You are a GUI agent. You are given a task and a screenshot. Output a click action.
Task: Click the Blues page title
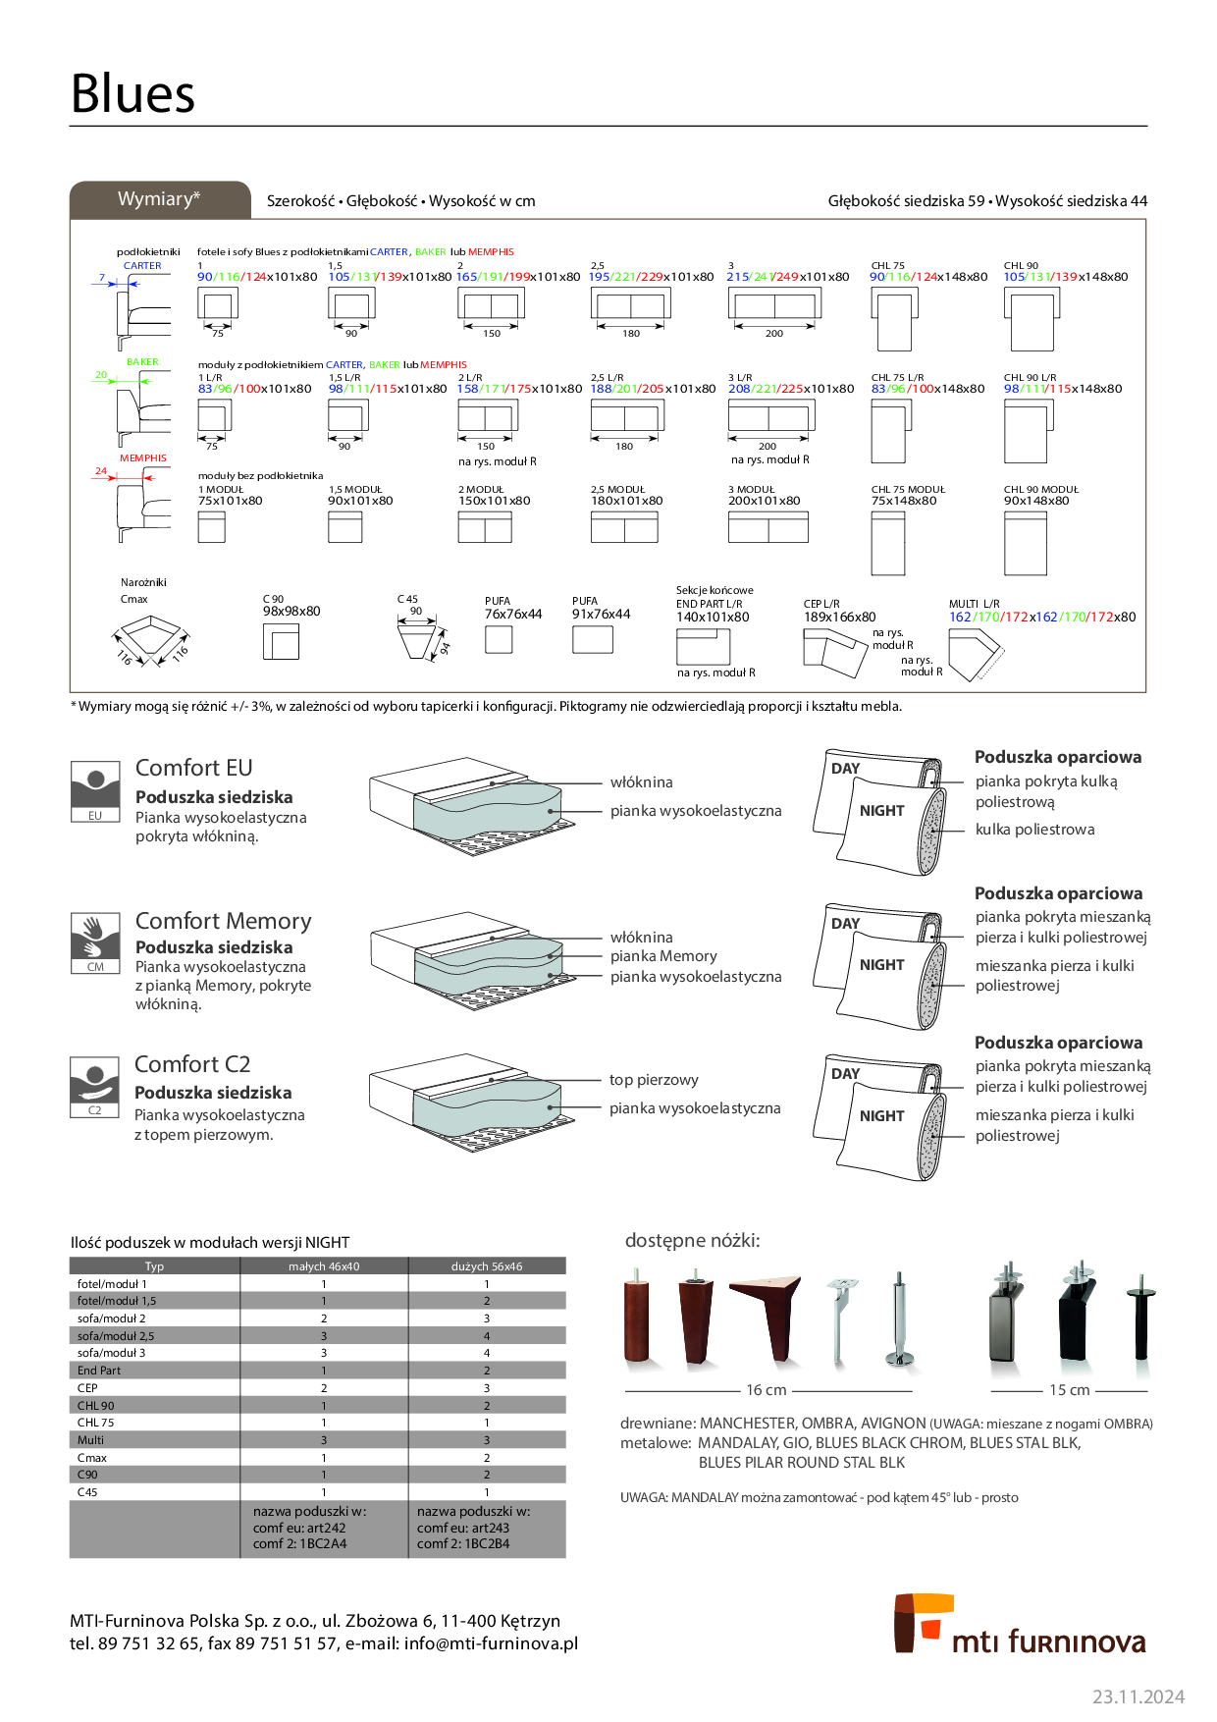(132, 94)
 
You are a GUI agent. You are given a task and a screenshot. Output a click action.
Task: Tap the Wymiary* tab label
(159, 199)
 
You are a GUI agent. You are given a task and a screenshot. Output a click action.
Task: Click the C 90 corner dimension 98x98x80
(291, 611)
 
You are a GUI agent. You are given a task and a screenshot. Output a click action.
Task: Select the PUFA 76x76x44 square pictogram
(499, 640)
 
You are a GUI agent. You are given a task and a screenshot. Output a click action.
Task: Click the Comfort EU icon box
(95, 790)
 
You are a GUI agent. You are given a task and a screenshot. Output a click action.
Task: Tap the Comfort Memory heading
(223, 921)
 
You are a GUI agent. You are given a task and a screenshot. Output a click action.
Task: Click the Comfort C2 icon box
(95, 1087)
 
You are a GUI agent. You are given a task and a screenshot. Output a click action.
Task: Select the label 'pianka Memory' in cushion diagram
(663, 956)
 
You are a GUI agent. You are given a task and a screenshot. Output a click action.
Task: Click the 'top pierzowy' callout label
(654, 1080)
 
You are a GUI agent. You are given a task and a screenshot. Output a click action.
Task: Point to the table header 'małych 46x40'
(324, 1266)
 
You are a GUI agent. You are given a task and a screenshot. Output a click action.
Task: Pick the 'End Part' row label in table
(99, 1371)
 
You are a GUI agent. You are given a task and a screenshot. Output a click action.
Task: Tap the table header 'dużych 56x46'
(487, 1266)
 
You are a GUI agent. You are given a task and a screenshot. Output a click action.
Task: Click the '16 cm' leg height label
(767, 1390)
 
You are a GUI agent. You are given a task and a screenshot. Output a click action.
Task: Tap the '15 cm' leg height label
(1069, 1390)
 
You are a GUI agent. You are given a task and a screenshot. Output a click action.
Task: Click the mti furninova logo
(1020, 1625)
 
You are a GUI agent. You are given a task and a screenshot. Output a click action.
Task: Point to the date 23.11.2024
(1138, 1696)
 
